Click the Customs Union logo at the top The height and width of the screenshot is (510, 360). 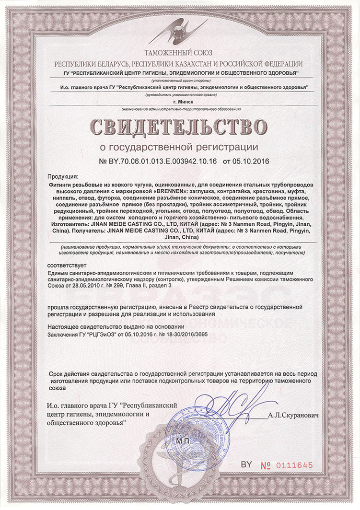(179, 32)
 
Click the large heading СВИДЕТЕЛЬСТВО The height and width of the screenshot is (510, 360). (179, 127)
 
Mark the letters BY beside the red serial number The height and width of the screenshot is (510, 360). (246, 464)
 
